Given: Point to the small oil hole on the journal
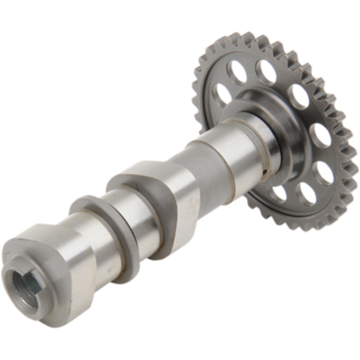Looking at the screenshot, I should [x=266, y=171].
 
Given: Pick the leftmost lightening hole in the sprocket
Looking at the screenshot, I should [x=221, y=95].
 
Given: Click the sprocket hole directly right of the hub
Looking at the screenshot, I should [x=320, y=135].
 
